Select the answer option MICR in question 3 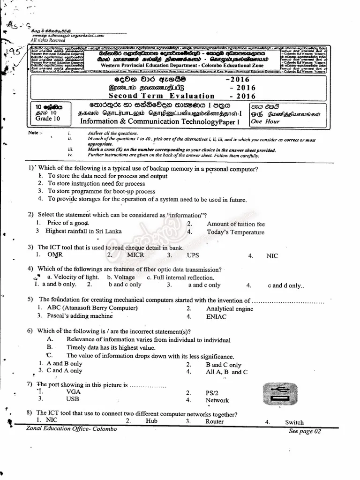138,255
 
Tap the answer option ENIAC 216,316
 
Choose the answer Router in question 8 214,421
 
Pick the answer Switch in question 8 294,422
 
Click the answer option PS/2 212,393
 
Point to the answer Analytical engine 229,308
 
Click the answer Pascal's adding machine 80,316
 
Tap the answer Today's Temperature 235,232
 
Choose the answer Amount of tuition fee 236,224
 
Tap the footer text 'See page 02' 305,431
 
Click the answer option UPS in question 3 193,255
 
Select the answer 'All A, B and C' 226,372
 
